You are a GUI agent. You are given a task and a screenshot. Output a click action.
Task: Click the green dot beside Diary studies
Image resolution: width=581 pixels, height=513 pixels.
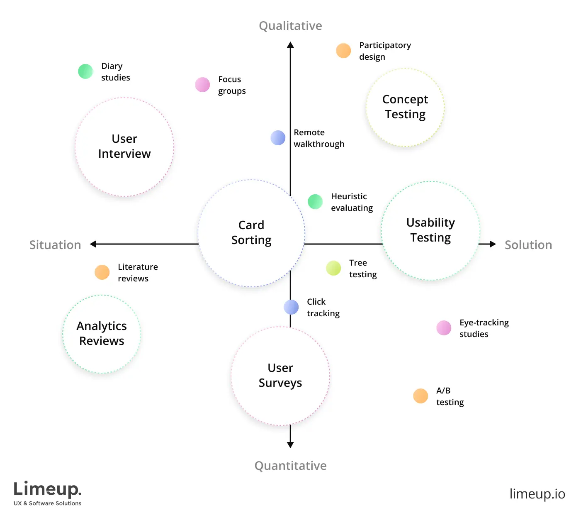(x=85, y=71)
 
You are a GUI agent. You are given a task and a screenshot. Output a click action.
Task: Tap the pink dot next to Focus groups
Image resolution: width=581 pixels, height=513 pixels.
(x=202, y=85)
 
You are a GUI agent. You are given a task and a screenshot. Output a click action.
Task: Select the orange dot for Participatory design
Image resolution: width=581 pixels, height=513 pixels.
(x=343, y=51)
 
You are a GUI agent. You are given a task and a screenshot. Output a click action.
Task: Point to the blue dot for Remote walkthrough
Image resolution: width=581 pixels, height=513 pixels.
(x=278, y=138)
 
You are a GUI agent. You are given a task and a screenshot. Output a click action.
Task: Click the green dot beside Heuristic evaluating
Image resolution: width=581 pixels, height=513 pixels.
(x=315, y=202)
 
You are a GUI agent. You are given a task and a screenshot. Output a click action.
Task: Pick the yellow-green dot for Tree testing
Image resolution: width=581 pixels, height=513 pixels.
(x=333, y=268)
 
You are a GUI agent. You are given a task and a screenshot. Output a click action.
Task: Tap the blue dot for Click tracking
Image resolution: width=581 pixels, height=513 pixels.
(x=291, y=307)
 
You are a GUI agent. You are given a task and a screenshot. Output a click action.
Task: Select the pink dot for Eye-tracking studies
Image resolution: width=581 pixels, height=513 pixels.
(x=444, y=328)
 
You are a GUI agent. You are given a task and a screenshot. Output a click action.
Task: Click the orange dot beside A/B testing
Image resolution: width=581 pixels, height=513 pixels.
(x=421, y=396)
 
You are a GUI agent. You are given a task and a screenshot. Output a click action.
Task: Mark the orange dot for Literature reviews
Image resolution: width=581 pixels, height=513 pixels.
(x=102, y=272)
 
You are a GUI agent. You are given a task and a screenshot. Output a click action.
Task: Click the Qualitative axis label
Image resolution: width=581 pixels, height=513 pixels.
(x=290, y=26)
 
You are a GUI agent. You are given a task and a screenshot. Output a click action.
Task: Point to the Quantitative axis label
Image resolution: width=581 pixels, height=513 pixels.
(x=290, y=466)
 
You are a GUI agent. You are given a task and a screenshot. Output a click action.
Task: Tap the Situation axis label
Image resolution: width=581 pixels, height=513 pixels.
(x=55, y=245)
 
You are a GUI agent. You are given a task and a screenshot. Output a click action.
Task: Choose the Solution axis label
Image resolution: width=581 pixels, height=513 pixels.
(x=528, y=245)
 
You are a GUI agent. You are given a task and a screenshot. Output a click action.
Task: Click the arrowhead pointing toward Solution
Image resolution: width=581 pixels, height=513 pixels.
(x=492, y=244)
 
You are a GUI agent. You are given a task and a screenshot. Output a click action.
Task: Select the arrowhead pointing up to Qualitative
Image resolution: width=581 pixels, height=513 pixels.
(x=290, y=45)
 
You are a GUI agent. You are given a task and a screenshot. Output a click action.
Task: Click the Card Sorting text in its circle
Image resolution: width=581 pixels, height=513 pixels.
(x=251, y=232)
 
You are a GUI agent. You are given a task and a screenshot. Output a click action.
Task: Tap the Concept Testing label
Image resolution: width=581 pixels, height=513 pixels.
(x=405, y=107)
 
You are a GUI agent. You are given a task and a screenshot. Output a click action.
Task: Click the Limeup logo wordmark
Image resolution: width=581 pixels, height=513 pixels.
(x=47, y=489)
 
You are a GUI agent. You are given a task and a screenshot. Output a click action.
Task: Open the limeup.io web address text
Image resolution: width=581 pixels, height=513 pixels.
(x=537, y=494)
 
